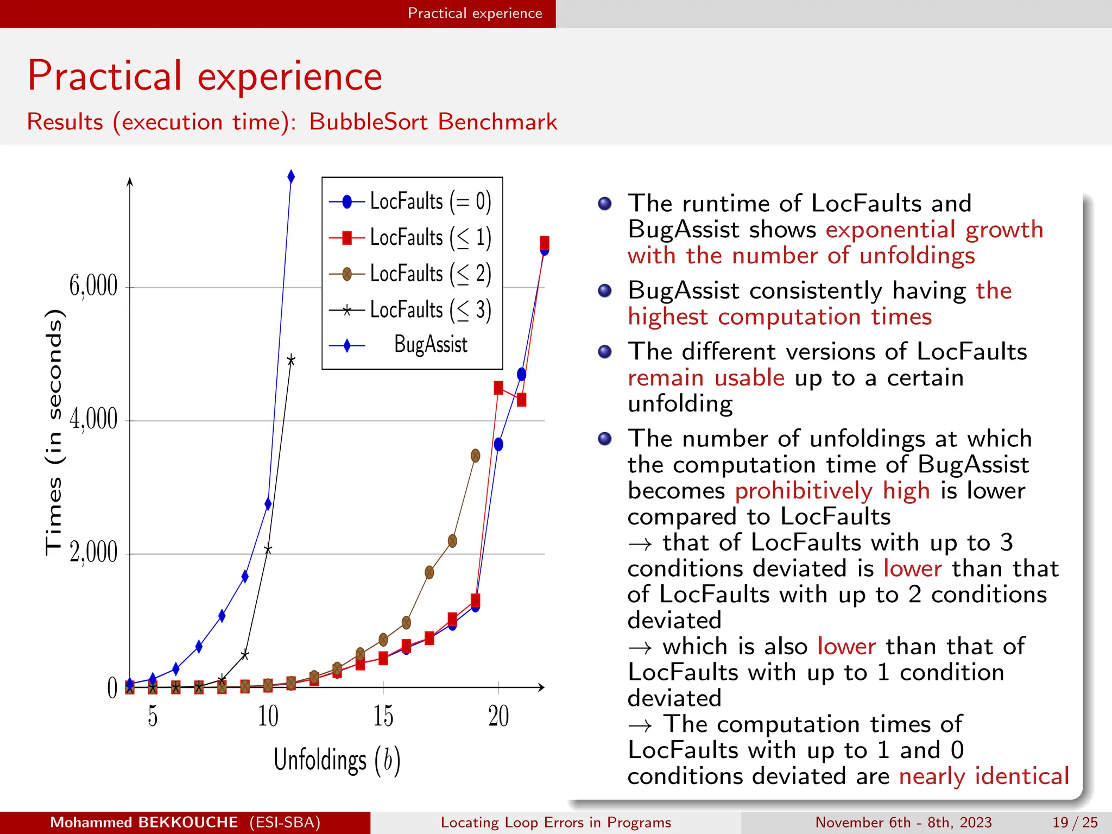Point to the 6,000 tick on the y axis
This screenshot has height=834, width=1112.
93,286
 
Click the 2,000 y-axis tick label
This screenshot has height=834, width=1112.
93,553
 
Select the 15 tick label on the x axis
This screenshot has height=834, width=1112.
383,716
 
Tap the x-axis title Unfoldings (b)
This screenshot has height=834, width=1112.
337,760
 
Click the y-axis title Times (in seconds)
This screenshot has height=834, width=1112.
54,432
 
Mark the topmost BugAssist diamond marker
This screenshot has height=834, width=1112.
291,177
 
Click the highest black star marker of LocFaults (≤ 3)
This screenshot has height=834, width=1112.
291,360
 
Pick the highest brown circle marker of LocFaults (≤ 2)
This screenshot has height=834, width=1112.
476,456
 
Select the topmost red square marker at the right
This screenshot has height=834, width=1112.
545,243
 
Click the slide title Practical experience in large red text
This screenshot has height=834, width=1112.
205,76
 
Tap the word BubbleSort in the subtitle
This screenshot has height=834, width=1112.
369,122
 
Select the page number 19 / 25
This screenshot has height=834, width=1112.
1075,823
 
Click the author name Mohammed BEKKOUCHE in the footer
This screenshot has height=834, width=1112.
144,823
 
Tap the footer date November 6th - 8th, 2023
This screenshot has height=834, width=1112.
903,823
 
